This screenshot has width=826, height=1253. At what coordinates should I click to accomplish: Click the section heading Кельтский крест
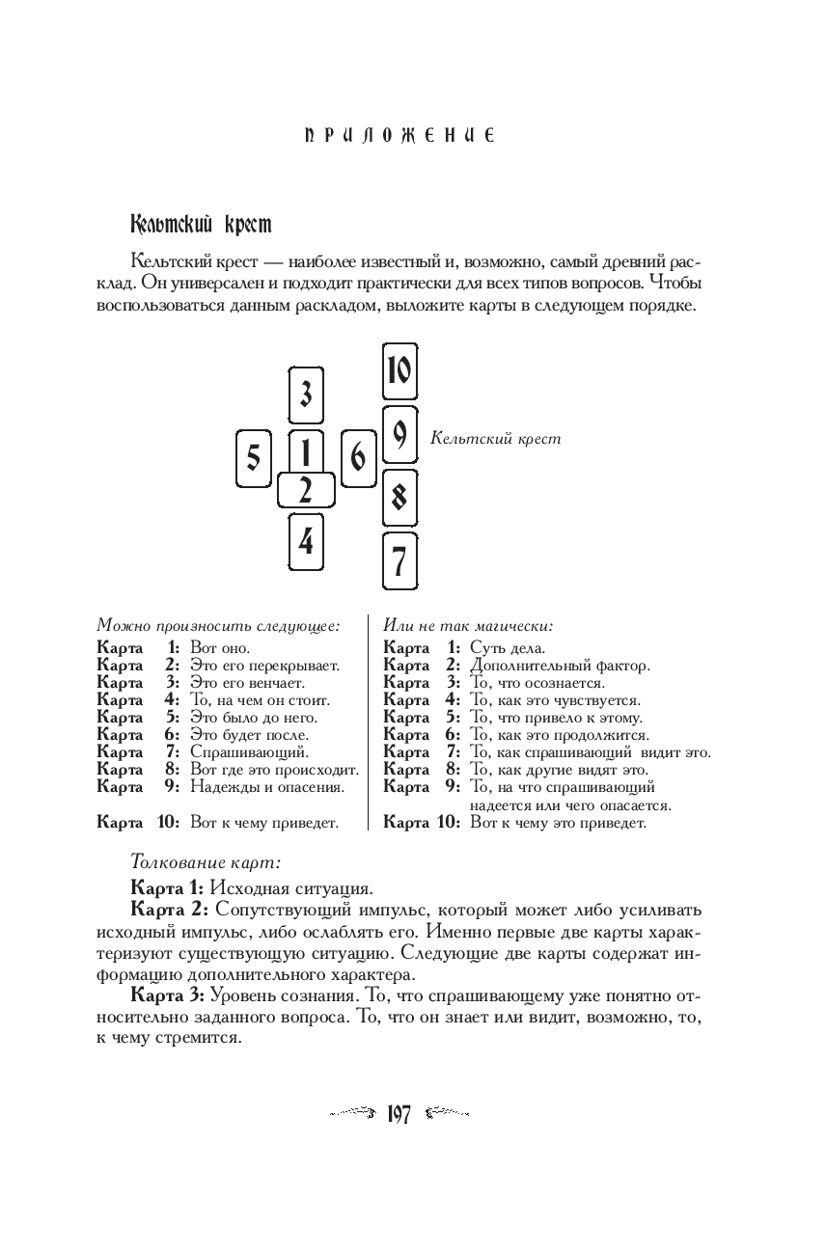coord(201,225)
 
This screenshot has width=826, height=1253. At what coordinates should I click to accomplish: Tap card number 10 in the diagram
coord(399,371)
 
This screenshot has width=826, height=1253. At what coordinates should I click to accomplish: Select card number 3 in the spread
coord(306,395)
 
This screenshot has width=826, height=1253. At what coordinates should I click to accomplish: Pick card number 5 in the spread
coord(253,458)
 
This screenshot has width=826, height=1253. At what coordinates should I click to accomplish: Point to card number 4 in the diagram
coord(306,542)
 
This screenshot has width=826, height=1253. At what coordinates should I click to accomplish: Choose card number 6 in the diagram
coord(358,458)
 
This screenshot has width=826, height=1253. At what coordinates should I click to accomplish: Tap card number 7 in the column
coord(399,559)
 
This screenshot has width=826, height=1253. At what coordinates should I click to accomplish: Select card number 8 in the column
coord(399,498)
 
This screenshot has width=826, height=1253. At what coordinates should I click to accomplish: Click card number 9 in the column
coord(399,435)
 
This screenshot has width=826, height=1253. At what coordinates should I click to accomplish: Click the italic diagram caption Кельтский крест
coord(495,438)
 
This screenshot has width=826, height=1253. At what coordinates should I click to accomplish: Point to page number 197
coord(399,1115)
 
